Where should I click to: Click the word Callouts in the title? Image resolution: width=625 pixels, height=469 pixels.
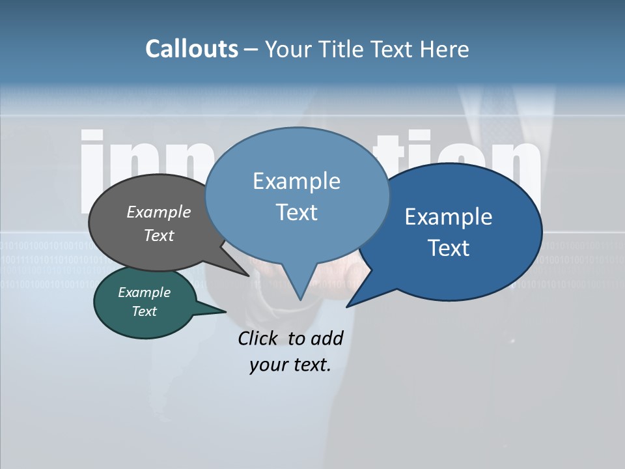click(191, 49)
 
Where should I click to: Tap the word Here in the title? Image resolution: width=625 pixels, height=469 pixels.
click(445, 49)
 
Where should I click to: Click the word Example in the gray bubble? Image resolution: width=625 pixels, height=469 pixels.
click(159, 212)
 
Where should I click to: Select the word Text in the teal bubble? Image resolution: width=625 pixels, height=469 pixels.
click(145, 311)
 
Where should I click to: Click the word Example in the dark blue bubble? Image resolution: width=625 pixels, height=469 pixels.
click(449, 217)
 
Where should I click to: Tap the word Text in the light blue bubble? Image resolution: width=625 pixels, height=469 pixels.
click(297, 212)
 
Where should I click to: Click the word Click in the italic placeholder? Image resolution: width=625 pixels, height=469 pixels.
click(257, 338)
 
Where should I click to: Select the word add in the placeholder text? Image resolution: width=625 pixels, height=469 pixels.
click(326, 338)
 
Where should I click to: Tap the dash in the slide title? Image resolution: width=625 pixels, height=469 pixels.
click(252, 50)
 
